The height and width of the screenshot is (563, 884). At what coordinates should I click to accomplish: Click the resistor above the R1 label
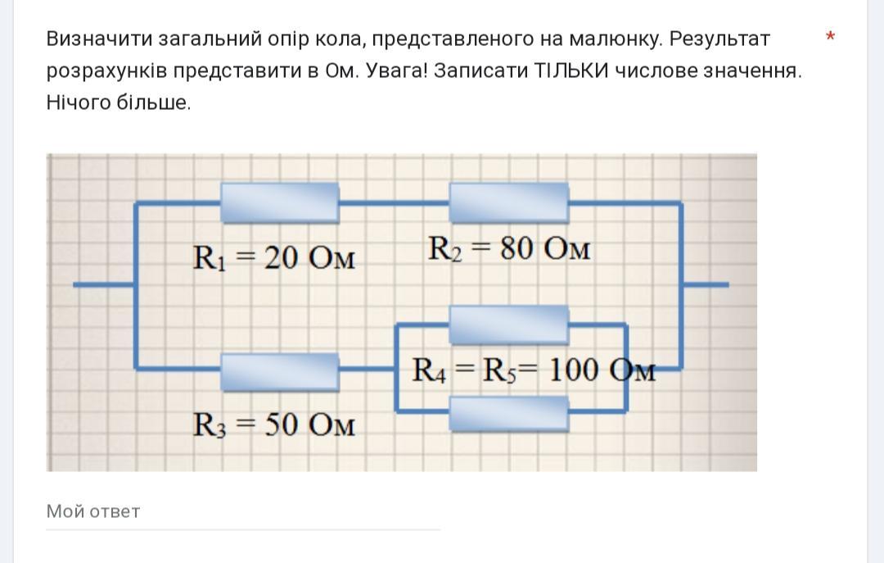(x=279, y=202)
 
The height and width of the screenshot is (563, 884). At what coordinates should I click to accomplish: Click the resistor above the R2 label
(x=508, y=202)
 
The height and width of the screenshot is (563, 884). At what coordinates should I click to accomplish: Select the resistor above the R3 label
(x=279, y=370)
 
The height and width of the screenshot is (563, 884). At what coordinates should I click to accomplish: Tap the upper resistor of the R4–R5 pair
(x=508, y=324)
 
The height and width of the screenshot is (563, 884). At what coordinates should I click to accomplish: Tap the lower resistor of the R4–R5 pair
(x=508, y=414)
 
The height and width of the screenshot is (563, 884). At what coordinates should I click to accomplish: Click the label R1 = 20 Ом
(x=274, y=258)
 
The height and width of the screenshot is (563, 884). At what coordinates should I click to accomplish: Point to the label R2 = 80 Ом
(x=508, y=248)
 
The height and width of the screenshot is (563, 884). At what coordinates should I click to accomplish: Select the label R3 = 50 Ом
(x=274, y=425)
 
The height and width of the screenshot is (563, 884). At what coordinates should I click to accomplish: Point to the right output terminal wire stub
(x=706, y=284)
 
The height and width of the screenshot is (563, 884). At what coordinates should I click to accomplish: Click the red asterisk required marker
(x=831, y=38)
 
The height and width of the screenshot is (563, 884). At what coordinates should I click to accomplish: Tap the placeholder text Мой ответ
(x=93, y=511)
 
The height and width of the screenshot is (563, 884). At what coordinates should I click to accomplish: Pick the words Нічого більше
(x=119, y=102)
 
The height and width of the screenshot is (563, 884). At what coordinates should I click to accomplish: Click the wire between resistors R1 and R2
(x=394, y=202)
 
